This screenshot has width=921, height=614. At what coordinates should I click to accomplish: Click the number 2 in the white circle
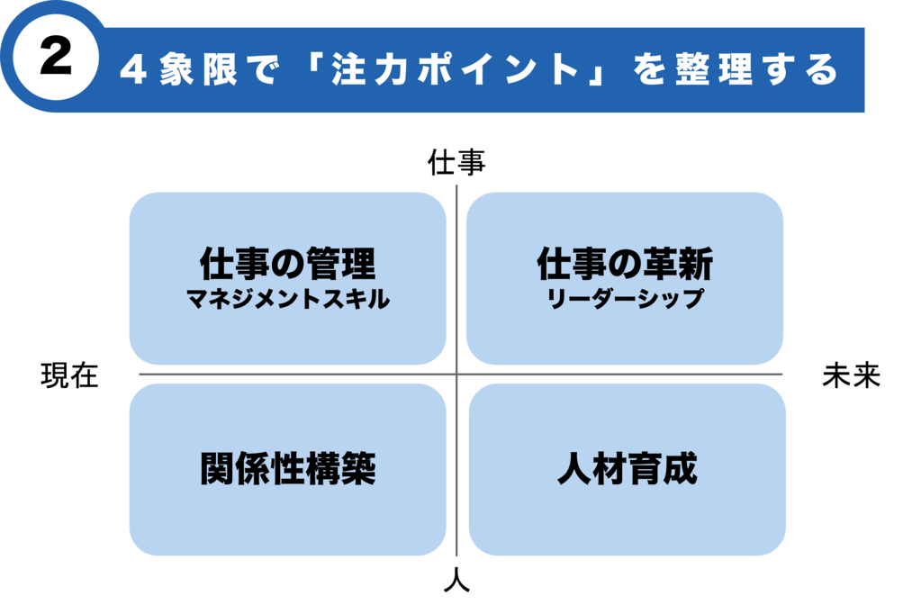pos(56,59)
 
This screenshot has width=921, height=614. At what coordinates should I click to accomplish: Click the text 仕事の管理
pos(287,265)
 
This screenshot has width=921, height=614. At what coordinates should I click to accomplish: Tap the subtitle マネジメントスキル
pos(287,300)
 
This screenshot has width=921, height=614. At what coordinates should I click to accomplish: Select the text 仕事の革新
pos(625,265)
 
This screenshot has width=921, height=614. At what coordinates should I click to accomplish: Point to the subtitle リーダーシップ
pos(625,300)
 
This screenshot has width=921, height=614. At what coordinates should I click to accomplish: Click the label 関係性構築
pos(287,469)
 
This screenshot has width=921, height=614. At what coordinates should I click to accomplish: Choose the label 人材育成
pos(627,469)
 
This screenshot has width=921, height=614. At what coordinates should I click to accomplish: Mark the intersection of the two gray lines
pos(457,374)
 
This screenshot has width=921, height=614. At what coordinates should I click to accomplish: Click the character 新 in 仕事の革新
pos(696,265)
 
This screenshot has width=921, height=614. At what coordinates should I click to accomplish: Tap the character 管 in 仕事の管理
pos(322,265)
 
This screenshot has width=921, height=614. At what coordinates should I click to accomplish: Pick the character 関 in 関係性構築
pos(217,469)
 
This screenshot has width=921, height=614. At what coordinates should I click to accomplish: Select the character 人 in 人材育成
pos(573,469)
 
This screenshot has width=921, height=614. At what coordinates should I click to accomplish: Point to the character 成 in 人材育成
pos(680,469)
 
